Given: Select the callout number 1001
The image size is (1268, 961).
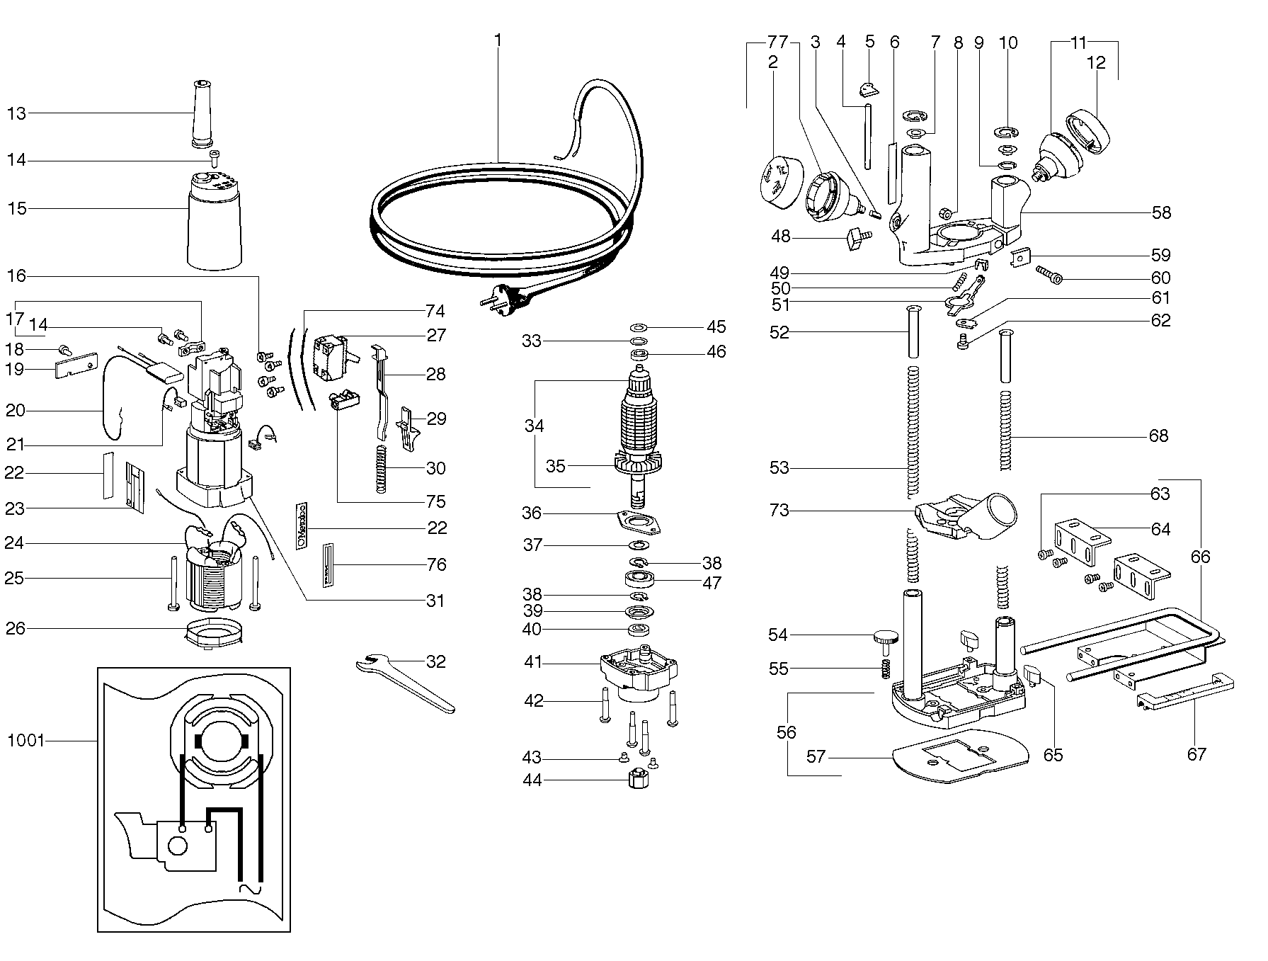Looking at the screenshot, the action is [26, 741].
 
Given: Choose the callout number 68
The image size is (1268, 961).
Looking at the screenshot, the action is [1158, 435].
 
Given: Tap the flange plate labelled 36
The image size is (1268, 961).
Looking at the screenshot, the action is [641, 522].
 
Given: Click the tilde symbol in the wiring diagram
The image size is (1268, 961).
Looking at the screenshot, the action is [249, 888].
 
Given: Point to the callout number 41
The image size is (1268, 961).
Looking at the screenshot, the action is [533, 663].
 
